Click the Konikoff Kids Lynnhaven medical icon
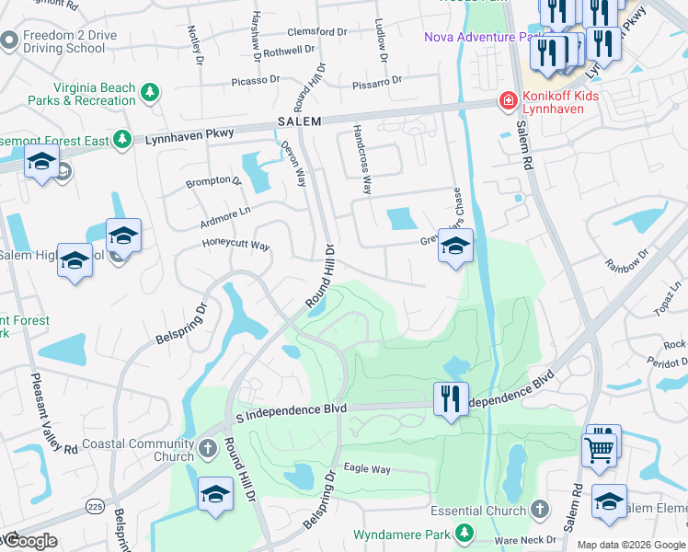(x=506, y=100)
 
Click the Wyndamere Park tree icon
(x=465, y=533)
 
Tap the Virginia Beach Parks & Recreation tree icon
(x=149, y=93)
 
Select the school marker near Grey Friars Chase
(x=455, y=246)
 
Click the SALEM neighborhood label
(x=299, y=122)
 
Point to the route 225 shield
(x=95, y=506)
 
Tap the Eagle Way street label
(x=367, y=469)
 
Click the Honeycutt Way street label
(x=236, y=246)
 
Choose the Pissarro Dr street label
(x=377, y=83)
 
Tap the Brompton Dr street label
(x=212, y=181)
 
